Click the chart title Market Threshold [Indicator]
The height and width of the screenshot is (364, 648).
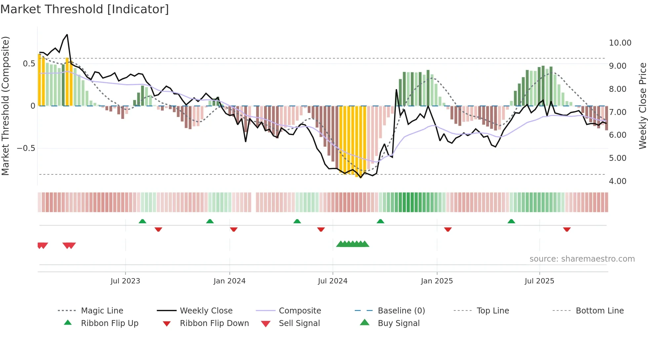point(85,9)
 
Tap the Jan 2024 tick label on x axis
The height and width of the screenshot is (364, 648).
point(229,281)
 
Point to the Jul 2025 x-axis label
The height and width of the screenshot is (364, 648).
point(539,281)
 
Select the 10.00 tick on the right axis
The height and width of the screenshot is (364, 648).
point(620,43)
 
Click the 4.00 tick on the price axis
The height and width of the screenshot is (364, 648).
point(618,181)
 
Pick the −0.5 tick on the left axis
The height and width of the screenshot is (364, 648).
point(26,148)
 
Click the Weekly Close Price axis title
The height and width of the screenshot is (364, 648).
point(642,106)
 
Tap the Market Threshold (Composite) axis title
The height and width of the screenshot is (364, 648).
point(5,106)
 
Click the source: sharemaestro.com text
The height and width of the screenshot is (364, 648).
point(582,259)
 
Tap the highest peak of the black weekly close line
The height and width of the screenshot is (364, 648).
point(67,35)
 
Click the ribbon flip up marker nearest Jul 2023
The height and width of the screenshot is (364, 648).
point(142,221)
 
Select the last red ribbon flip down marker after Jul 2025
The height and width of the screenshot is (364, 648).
point(567,229)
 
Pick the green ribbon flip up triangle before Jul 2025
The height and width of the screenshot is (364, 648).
point(511,221)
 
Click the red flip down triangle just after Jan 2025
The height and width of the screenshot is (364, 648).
point(448,229)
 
